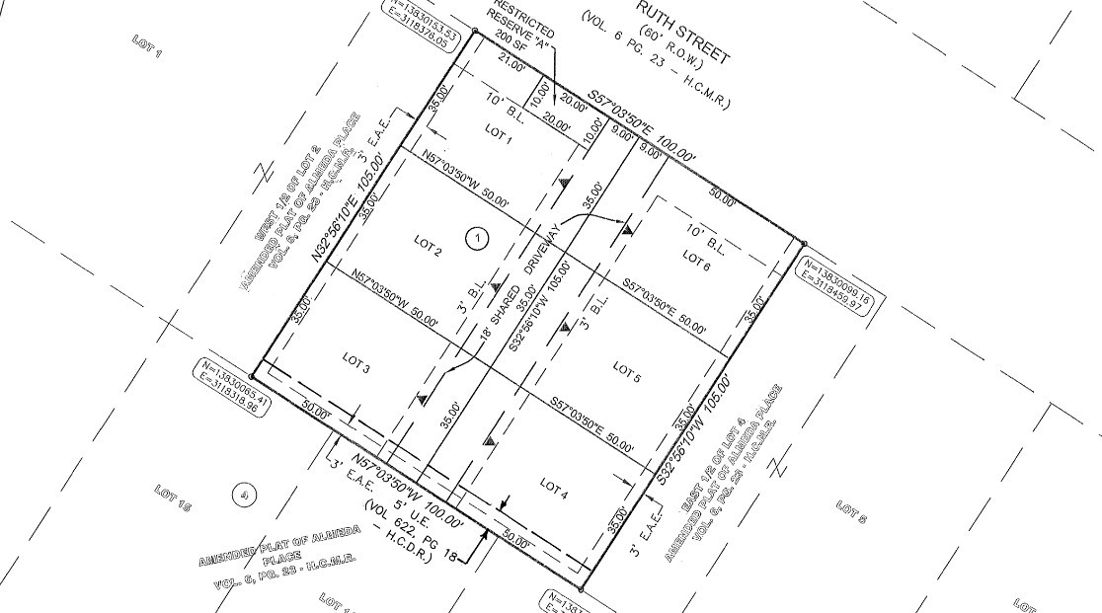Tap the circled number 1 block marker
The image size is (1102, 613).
coord(478,237)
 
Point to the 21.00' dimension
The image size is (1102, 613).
coord(511,65)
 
